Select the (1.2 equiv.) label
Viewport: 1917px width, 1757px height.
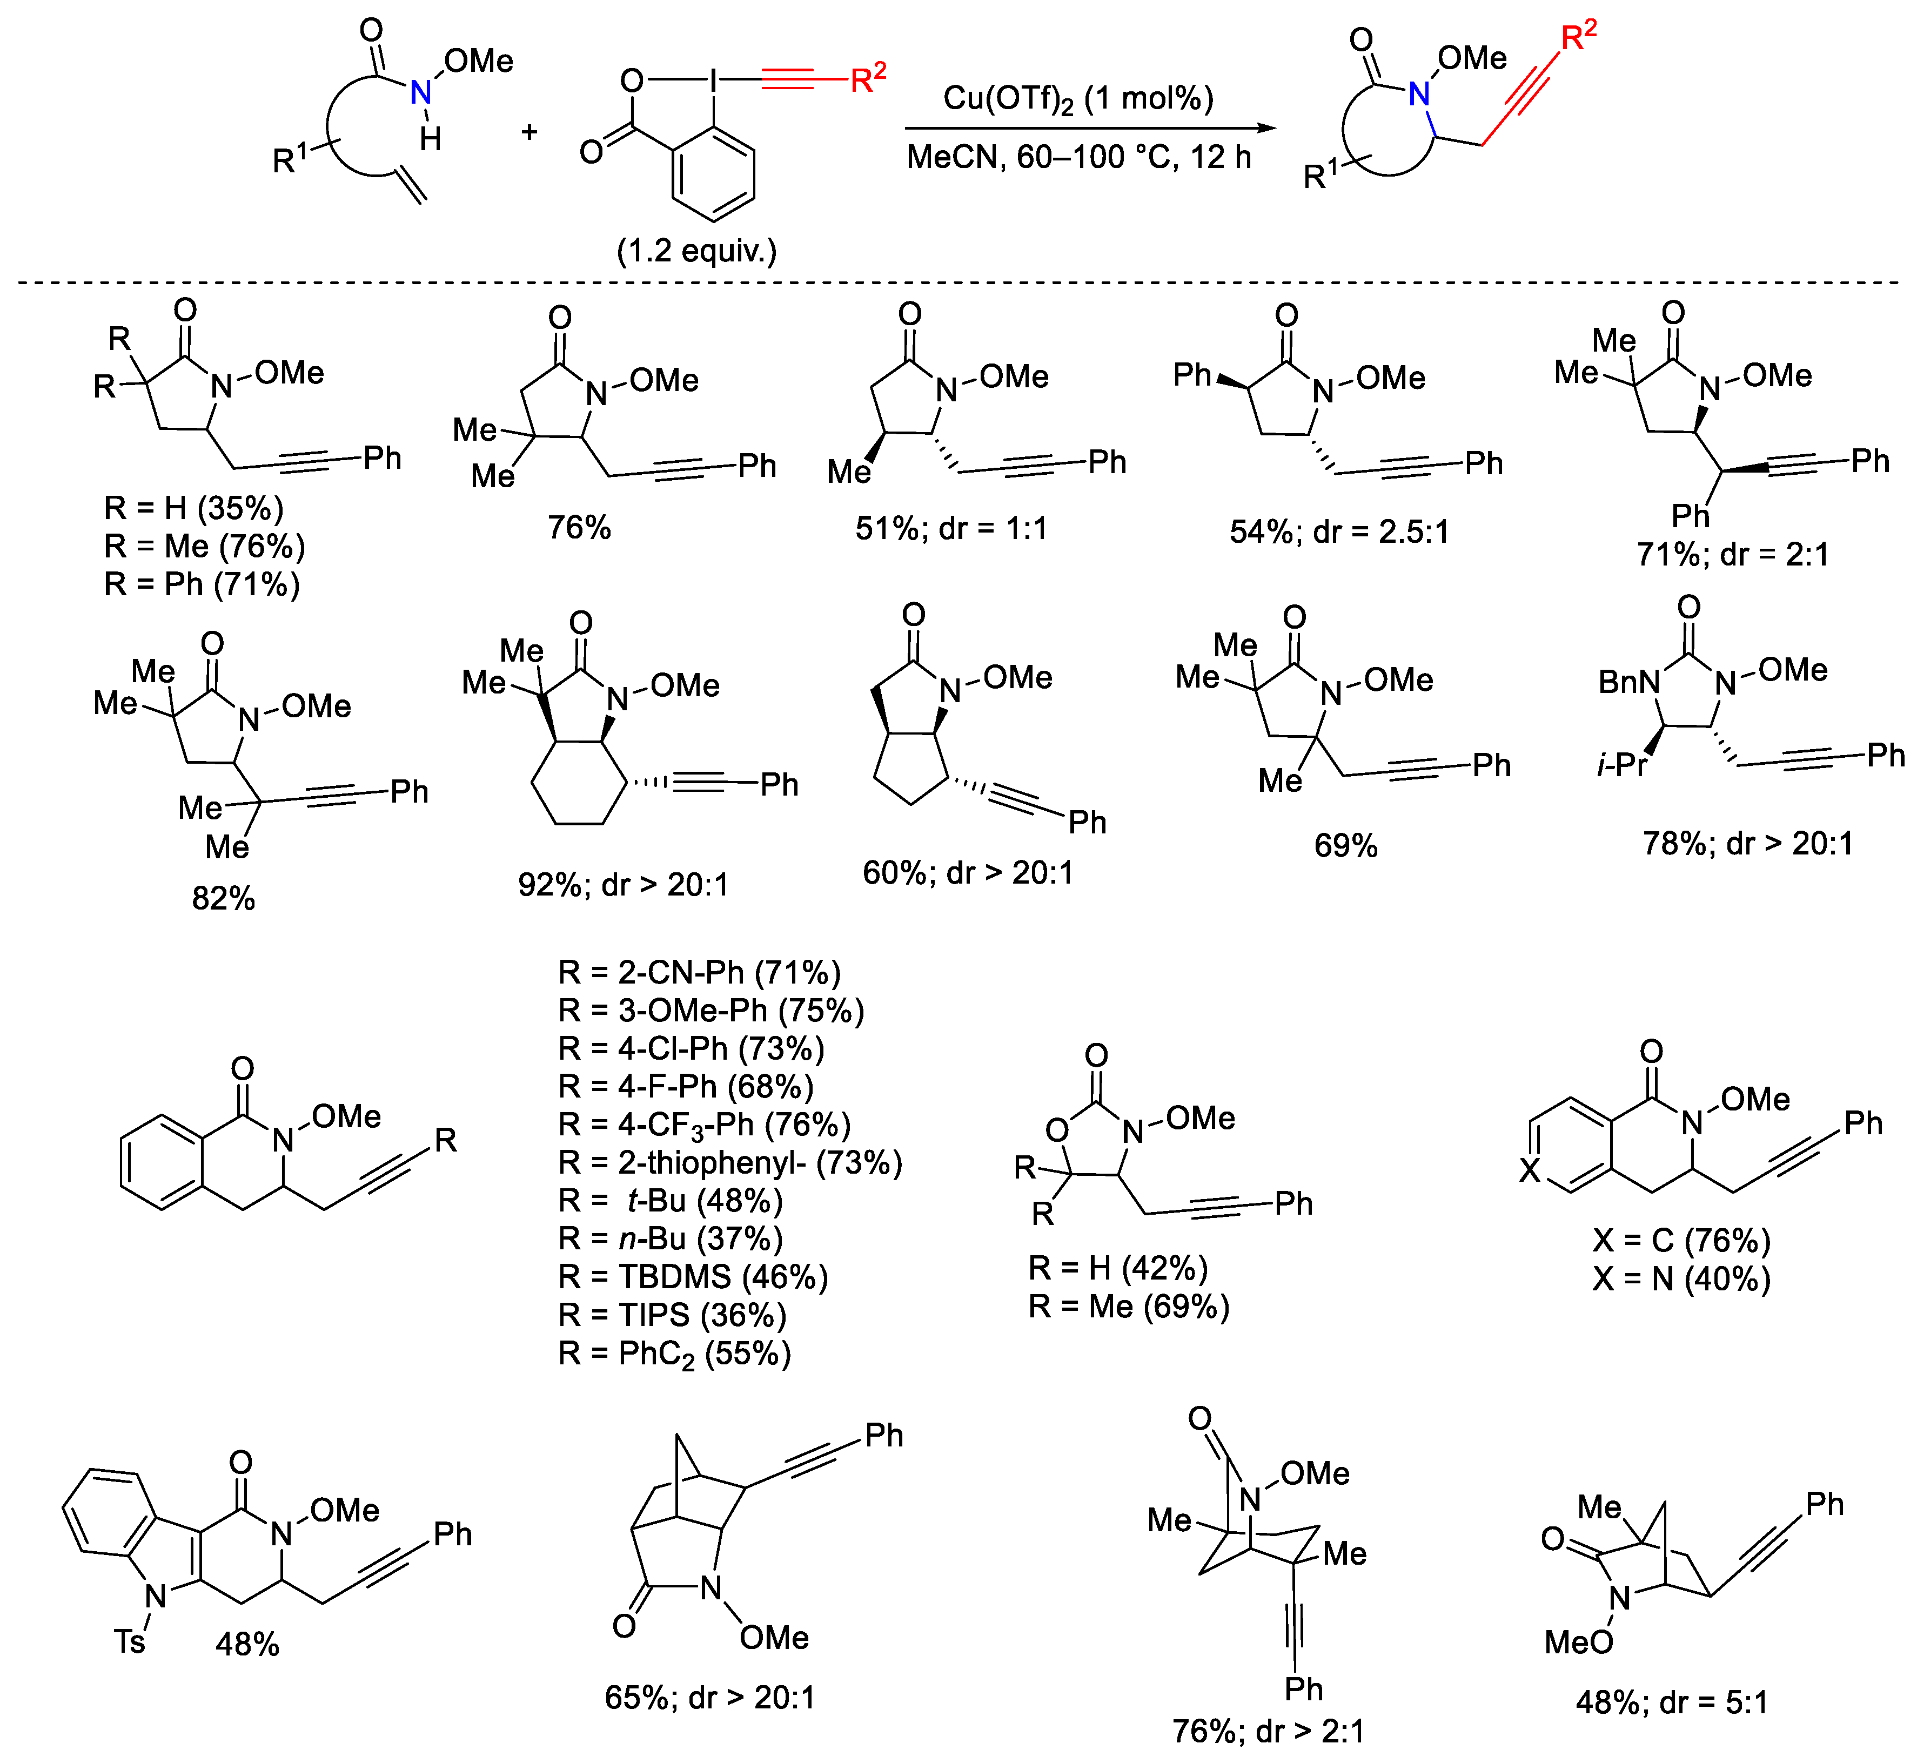pos(697,251)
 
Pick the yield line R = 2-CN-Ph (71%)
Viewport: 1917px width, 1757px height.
pos(699,973)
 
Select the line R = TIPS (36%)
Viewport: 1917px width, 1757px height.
pos(672,1315)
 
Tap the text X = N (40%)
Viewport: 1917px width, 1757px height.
pos(1681,1279)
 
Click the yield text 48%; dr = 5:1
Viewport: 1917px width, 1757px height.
pos(1672,1702)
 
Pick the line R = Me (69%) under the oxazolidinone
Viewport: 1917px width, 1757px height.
pos(1129,1307)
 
